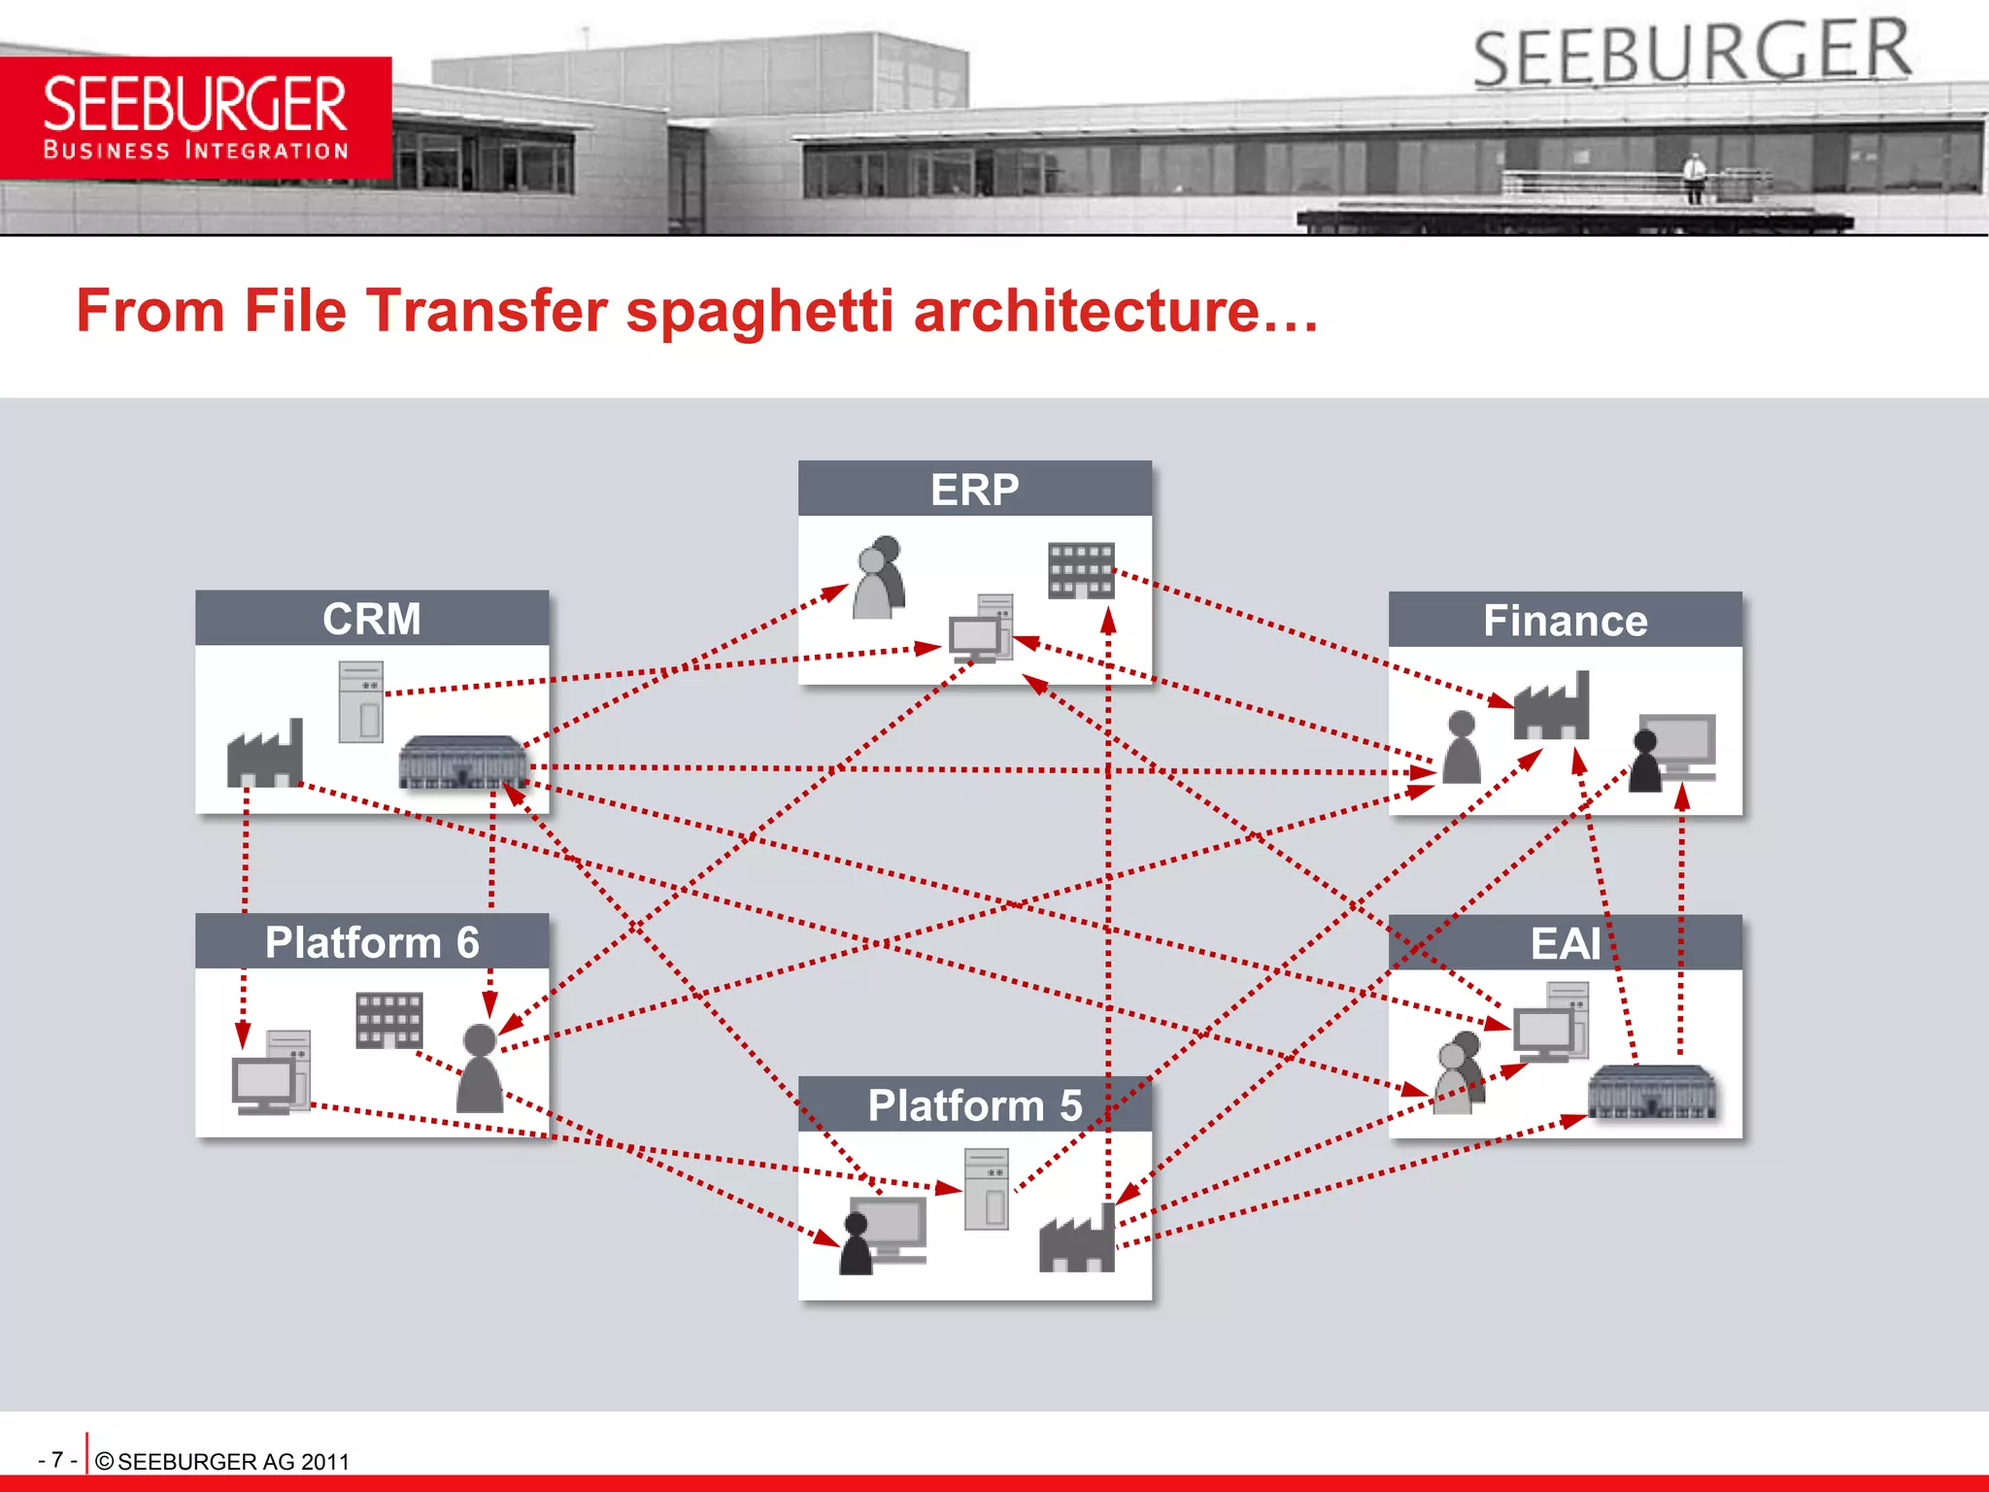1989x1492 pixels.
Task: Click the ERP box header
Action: (974, 489)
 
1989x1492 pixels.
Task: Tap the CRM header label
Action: (371, 619)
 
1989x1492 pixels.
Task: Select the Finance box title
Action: (1565, 621)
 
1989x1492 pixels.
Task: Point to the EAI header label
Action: (1565, 943)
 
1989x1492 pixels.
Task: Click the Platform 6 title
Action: (372, 942)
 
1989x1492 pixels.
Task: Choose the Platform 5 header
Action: (974, 1105)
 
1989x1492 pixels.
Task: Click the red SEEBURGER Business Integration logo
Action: (195, 118)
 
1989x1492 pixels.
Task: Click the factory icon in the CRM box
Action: (264, 755)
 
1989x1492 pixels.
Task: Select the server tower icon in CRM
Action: (360, 702)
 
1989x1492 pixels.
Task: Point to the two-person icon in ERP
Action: (880, 577)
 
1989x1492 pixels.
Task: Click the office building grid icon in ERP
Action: (1080, 570)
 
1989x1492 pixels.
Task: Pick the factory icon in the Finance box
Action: (1551, 707)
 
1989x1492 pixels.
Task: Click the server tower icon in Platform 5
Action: (987, 1189)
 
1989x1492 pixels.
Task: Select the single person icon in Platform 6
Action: (480, 1068)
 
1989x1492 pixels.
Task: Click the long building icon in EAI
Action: (1651, 1092)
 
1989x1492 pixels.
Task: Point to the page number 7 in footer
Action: (57, 1460)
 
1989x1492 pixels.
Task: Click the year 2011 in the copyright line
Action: (324, 1462)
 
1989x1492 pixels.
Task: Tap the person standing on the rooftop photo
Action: (1694, 178)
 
